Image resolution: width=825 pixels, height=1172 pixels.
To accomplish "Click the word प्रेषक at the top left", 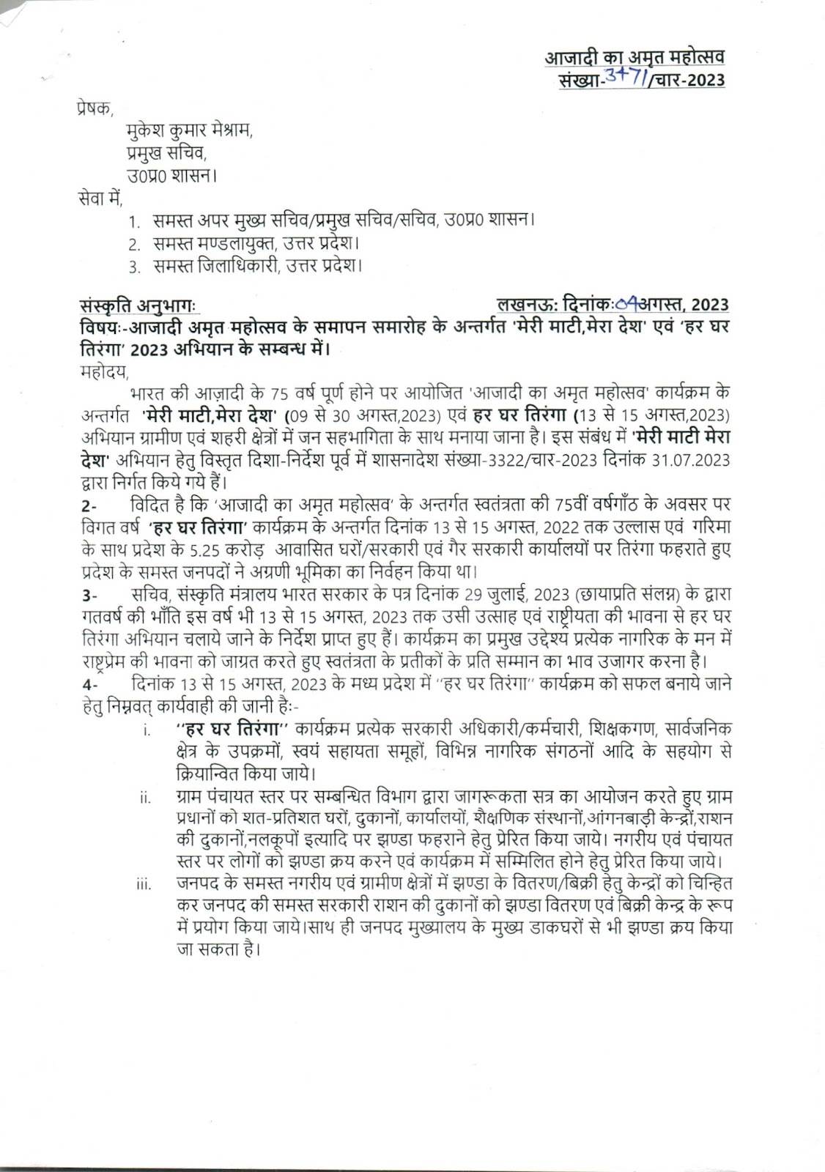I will (x=95, y=111).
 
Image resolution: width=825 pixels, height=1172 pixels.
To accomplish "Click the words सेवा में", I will (x=100, y=198).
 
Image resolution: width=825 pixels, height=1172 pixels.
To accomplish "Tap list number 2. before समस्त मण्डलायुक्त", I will (x=134, y=242).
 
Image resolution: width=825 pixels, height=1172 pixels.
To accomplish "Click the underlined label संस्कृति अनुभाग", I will (x=138, y=305).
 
